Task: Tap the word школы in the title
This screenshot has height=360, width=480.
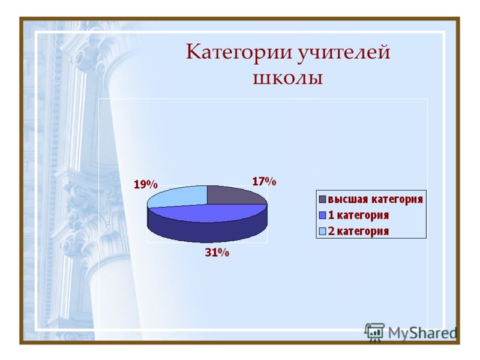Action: click(288, 78)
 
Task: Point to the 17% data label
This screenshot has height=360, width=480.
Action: click(264, 182)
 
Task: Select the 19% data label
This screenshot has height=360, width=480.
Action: click(146, 184)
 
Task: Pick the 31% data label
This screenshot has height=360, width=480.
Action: click(217, 253)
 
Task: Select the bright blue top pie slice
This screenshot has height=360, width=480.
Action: click(208, 213)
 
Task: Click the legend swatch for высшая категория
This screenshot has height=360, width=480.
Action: click(322, 199)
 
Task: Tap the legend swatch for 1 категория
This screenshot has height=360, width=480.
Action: click(322, 215)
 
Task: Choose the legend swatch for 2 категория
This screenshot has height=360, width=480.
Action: click(322, 231)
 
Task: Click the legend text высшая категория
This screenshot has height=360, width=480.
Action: click(376, 199)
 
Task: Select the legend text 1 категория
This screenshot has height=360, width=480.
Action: click(358, 215)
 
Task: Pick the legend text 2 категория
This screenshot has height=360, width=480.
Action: click(358, 231)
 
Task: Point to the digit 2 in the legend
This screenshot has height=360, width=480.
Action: click(331, 231)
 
